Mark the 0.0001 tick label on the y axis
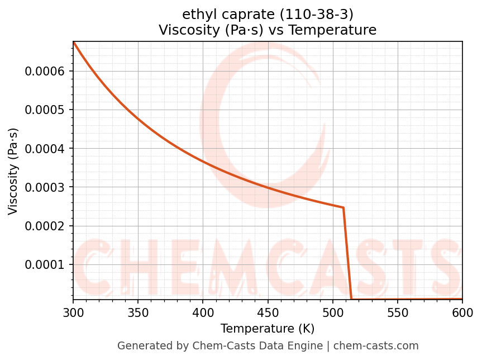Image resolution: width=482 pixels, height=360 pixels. [45, 264]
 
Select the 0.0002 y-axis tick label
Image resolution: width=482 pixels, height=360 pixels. [45, 226]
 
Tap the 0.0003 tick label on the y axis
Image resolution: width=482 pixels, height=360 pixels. [45, 187]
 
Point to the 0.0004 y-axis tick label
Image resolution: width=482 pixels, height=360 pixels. [45, 148]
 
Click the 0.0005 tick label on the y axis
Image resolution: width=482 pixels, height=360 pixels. [45, 110]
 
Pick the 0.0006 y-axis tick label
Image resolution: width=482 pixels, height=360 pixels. [45, 71]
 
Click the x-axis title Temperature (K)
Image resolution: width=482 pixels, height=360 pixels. [268, 328]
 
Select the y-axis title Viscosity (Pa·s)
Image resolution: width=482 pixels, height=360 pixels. [13, 171]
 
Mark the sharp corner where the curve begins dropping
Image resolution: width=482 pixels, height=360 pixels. [343, 207]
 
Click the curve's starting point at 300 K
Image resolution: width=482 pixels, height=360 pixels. [73, 42]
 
